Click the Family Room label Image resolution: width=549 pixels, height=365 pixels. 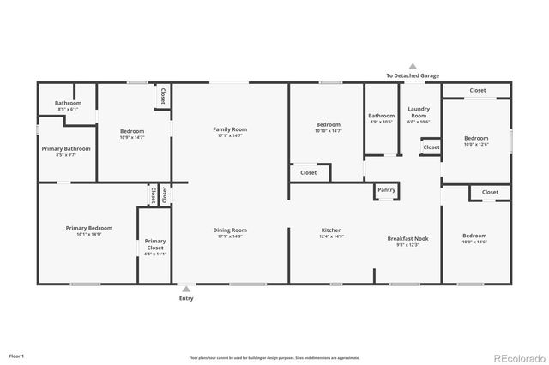[x=230, y=129]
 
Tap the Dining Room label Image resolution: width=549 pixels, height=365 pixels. [x=230, y=230]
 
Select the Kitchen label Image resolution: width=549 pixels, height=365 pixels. [x=332, y=230]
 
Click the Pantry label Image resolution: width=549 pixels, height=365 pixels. [x=386, y=189]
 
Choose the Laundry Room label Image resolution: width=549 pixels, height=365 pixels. [x=419, y=111]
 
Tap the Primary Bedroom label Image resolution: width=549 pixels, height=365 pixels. [x=89, y=228]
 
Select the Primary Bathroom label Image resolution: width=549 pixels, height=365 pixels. [x=66, y=148]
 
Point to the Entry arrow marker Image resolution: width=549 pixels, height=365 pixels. [x=186, y=289]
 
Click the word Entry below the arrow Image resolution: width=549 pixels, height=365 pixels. [x=186, y=298]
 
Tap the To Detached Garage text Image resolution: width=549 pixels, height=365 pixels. [x=412, y=75]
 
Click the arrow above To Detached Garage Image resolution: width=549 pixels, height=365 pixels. [x=412, y=66]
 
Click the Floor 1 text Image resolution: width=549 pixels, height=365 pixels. [x=17, y=355]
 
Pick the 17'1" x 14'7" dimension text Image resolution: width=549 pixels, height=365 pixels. [x=230, y=135]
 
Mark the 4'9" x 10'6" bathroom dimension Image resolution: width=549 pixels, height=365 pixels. [x=382, y=122]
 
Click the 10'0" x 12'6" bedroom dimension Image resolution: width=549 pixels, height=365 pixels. [x=476, y=144]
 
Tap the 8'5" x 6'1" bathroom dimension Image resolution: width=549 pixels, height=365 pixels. [x=68, y=110]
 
